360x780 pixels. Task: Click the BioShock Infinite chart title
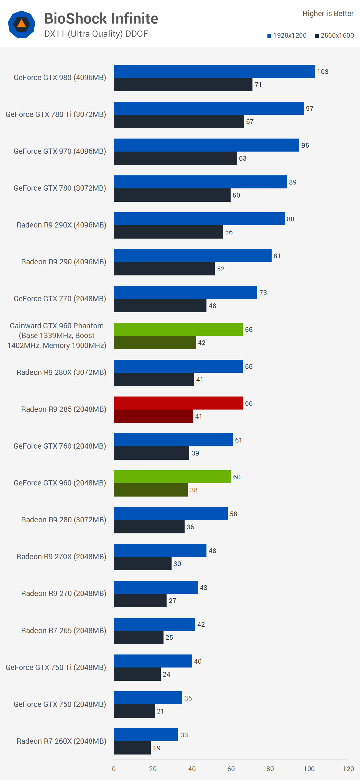[101, 19]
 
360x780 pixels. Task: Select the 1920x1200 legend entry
[287, 35]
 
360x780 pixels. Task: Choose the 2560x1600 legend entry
[334, 35]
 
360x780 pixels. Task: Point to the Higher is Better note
[328, 14]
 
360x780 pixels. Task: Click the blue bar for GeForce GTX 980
[214, 71]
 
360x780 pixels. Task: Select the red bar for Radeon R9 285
[178, 403]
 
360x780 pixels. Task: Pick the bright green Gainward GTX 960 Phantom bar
[178, 329]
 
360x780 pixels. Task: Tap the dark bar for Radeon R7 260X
[132, 748]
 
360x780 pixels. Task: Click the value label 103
[323, 72]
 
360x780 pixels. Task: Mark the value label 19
[157, 748]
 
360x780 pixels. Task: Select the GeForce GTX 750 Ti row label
[56, 667]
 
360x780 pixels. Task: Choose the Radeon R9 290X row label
[61, 225]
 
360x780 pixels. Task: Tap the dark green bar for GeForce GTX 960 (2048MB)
[150, 490]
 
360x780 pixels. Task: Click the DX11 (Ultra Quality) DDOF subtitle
[96, 34]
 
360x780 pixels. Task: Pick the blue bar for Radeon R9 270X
[160, 551]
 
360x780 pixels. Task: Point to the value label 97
[310, 108]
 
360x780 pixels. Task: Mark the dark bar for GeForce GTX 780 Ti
[179, 121]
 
